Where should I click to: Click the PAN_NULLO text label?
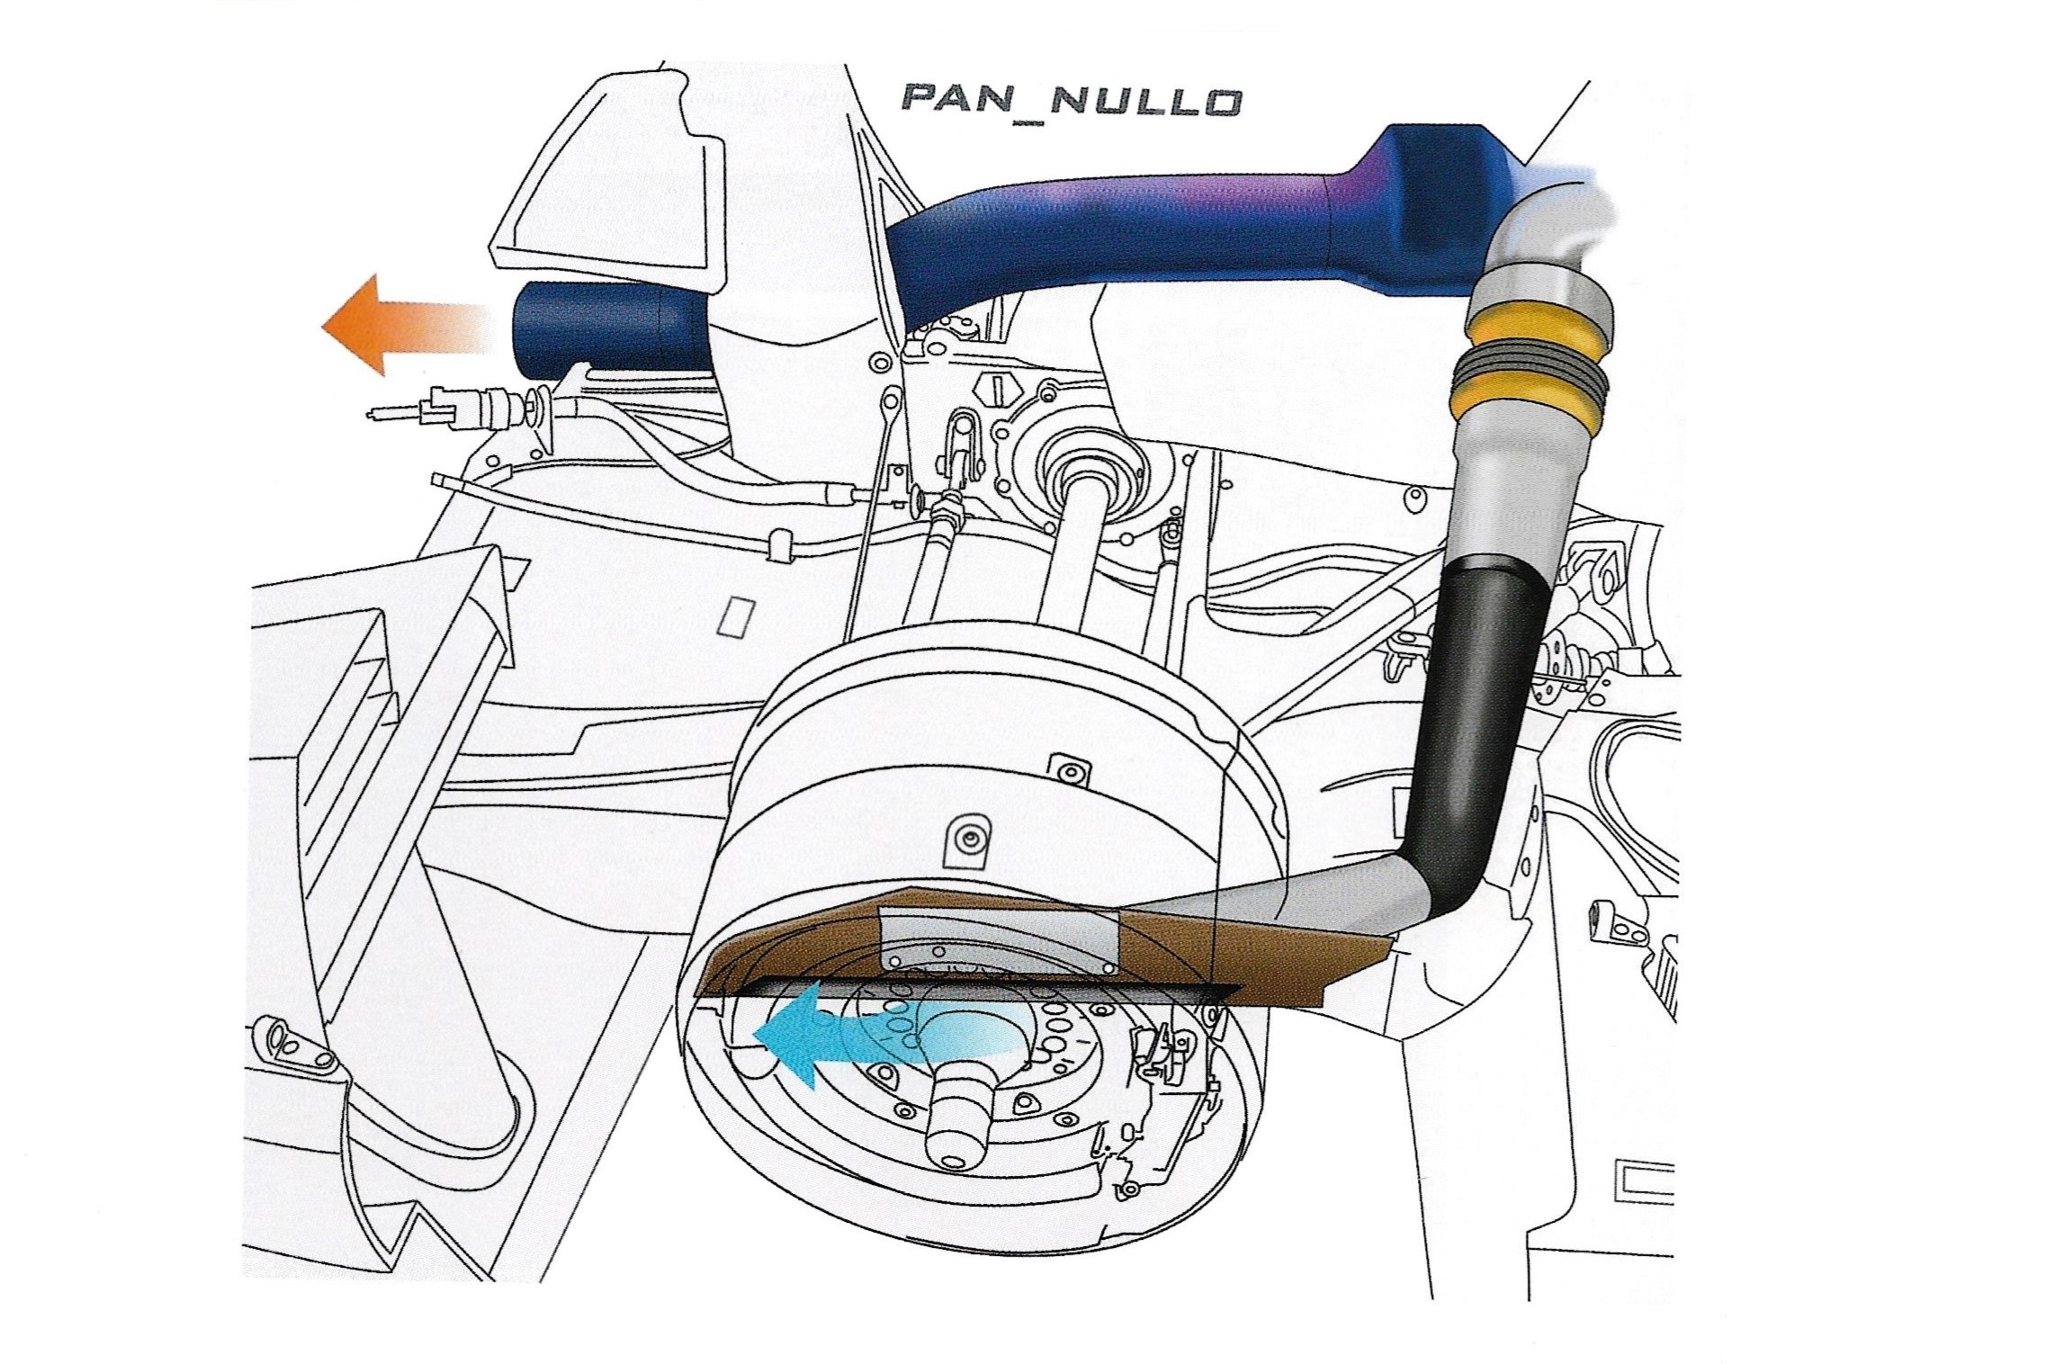(1071, 100)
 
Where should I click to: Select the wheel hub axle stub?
(958, 1125)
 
